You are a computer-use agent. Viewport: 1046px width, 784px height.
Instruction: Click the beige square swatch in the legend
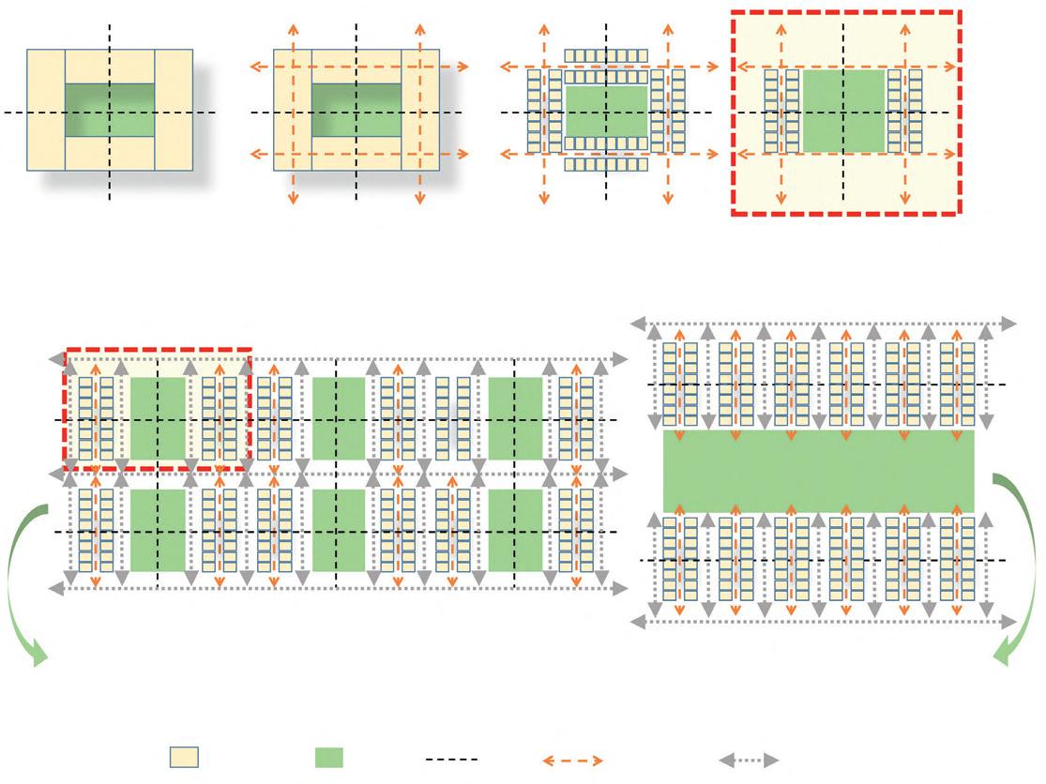184,758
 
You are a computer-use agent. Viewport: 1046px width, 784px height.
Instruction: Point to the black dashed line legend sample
451,758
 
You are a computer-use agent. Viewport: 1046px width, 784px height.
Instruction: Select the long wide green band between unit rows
818,471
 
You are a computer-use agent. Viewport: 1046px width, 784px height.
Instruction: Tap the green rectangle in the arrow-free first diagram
110,111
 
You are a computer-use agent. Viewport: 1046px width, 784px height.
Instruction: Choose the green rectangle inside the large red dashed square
843,111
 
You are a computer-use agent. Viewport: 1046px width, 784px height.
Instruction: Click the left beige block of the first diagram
45,110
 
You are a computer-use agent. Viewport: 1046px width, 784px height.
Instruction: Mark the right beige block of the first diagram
174,110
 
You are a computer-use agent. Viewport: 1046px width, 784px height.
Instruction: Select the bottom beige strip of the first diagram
110,154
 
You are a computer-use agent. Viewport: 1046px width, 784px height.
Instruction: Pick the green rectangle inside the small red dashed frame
157,418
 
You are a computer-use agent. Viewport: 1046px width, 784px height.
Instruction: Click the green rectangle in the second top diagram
356,111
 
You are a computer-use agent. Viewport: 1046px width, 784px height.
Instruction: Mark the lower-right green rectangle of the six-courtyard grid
515,530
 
